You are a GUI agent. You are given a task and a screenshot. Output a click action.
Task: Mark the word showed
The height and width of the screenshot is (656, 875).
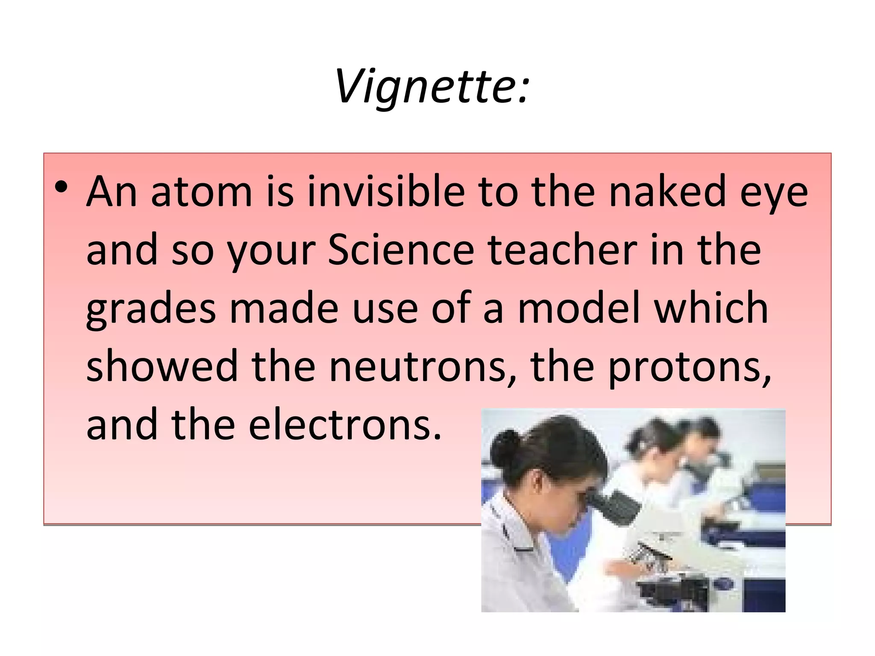pos(162,366)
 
